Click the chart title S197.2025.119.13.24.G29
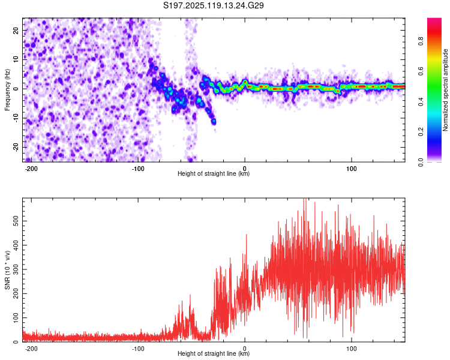click(213, 5)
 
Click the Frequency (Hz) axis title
click(7, 90)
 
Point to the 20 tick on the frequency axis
click(16, 30)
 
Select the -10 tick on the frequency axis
click(16, 118)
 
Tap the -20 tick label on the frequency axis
click(16, 147)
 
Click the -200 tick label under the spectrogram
click(31, 169)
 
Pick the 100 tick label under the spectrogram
click(351, 169)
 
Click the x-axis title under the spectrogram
click(214, 173)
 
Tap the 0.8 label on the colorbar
click(421, 41)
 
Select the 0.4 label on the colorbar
click(421, 101)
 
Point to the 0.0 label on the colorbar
click(421, 162)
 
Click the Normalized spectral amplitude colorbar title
click(445, 90)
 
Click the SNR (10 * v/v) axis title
click(7, 270)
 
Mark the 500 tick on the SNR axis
click(16, 221)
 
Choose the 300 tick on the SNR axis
click(16, 269)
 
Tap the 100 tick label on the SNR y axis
click(16, 318)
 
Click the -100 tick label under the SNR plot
click(138, 349)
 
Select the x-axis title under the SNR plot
click(214, 353)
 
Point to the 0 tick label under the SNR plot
click(245, 349)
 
